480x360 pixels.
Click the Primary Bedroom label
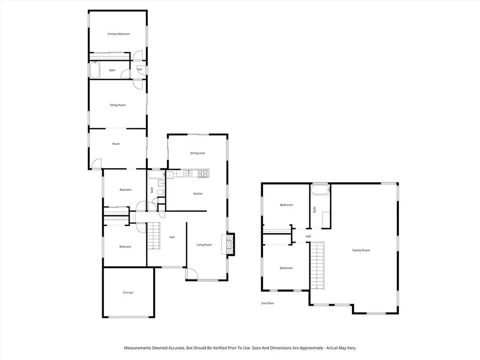pyautogui.click(x=119, y=34)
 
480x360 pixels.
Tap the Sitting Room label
pyautogui.click(x=118, y=105)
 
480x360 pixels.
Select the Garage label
pyautogui.click(x=128, y=292)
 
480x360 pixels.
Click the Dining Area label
pyautogui.click(x=197, y=153)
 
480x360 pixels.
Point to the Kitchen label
pyautogui.click(x=198, y=194)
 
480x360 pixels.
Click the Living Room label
pyautogui.click(x=204, y=245)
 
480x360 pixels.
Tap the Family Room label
pyautogui.click(x=361, y=250)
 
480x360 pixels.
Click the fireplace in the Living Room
pyautogui.click(x=230, y=244)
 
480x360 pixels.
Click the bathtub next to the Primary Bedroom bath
pyautogui.click(x=95, y=70)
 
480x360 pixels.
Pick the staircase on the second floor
pyautogui.click(x=317, y=265)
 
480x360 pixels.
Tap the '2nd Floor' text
pyautogui.click(x=268, y=303)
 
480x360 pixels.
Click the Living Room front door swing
pyautogui.click(x=192, y=274)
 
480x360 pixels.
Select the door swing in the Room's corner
pyautogui.click(x=96, y=164)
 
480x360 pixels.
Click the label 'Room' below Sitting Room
pyautogui.click(x=116, y=144)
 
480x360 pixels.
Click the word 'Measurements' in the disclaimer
pyautogui.click(x=138, y=348)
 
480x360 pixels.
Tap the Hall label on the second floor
pyautogui.click(x=308, y=236)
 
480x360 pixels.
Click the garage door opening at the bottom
pyautogui.click(x=128, y=317)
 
